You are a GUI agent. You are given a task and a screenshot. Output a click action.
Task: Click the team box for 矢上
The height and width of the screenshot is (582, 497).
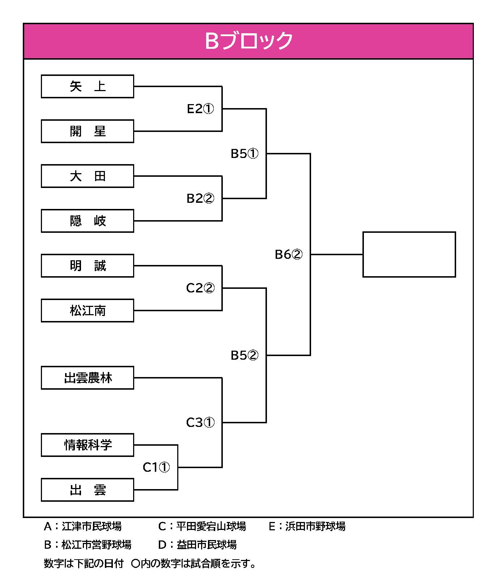click(x=88, y=86)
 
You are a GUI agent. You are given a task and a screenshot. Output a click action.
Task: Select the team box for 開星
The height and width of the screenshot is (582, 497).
click(x=88, y=131)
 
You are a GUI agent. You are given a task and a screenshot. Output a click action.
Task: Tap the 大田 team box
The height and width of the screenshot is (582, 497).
click(x=88, y=176)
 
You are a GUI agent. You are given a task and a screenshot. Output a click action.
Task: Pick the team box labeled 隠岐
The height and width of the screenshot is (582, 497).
click(x=88, y=221)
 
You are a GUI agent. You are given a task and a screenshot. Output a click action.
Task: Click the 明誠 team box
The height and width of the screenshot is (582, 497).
click(x=88, y=266)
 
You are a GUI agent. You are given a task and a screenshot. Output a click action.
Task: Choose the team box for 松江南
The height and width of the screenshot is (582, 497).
click(x=88, y=311)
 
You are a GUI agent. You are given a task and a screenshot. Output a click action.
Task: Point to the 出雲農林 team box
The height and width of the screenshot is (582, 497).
click(x=88, y=378)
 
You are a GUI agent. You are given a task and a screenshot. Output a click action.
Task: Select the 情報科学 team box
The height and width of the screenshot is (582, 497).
click(x=88, y=445)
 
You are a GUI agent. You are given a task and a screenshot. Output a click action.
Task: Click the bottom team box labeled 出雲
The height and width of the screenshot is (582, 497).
click(x=88, y=490)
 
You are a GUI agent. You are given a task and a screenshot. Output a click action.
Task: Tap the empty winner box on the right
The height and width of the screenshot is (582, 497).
click(x=409, y=254)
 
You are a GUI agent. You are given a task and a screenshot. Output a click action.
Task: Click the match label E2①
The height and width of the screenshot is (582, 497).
click(x=200, y=109)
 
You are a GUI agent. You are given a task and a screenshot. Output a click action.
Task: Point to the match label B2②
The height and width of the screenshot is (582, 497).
click(x=200, y=198)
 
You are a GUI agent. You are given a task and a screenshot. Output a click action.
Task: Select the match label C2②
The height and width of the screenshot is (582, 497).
click(x=200, y=288)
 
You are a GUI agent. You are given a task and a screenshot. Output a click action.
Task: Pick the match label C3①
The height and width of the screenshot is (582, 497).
click(x=200, y=423)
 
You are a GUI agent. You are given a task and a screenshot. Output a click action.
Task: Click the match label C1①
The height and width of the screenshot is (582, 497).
click(x=156, y=467)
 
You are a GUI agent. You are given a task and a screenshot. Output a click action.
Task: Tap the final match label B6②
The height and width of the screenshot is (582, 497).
click(x=289, y=254)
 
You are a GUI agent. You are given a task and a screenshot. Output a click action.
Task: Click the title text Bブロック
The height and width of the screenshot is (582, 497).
click(x=248, y=41)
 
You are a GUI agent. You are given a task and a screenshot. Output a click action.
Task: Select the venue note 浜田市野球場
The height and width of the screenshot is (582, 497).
click(x=315, y=526)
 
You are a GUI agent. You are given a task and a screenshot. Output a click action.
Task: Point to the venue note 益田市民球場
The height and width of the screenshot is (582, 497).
click(x=207, y=545)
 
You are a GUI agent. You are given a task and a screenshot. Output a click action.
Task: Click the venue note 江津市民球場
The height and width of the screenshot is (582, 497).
click(x=92, y=526)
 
